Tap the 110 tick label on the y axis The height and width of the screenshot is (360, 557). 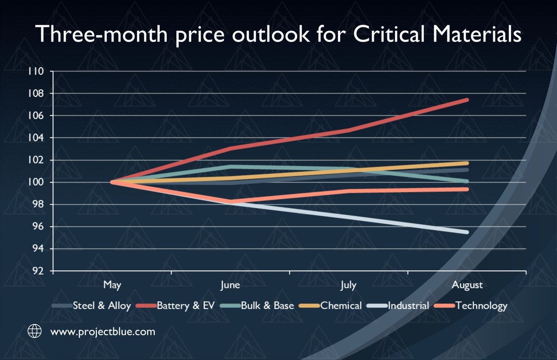click(x=36, y=71)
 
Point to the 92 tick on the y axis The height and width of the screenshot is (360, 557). click(x=37, y=271)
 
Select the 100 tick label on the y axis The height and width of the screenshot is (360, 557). click(x=36, y=182)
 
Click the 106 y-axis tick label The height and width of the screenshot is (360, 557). click(x=36, y=116)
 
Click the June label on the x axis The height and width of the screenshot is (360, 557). click(x=230, y=285)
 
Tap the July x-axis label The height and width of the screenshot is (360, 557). click(x=348, y=285)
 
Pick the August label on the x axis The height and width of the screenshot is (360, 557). click(x=466, y=285)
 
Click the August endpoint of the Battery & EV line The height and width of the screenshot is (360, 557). click(x=466, y=100)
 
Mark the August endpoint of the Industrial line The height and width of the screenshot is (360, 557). click(x=466, y=232)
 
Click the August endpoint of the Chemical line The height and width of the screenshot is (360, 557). click(x=466, y=163)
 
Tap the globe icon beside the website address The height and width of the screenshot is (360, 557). click(x=34, y=332)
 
